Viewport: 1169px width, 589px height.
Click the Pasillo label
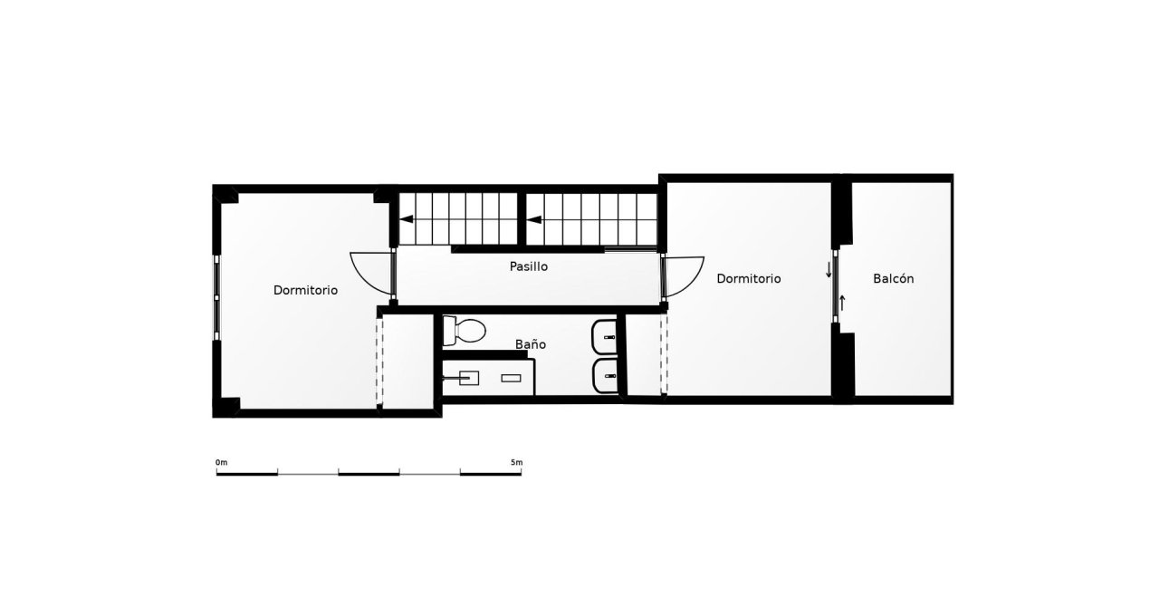tap(529, 266)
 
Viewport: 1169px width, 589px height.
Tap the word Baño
tap(531, 344)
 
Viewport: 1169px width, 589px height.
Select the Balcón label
tap(894, 278)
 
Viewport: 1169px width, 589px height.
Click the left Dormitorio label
tap(305, 290)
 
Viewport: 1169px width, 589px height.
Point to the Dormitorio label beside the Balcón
tap(748, 278)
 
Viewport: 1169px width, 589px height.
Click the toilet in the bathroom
tap(464, 331)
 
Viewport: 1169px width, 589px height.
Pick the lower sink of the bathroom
tap(606, 375)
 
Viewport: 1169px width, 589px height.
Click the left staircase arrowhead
tap(407, 218)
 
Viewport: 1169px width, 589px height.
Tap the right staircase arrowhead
tap(533, 219)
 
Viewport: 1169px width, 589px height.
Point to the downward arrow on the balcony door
tap(829, 270)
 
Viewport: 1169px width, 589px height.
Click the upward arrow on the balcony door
tap(842, 303)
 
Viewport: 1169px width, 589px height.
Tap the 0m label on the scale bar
tap(221, 462)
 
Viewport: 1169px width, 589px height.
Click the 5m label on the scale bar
tap(516, 462)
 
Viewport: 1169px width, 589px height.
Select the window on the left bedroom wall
tap(217, 297)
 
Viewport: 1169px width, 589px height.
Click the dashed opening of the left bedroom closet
tap(379, 362)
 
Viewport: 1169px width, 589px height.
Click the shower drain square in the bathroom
tap(469, 378)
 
